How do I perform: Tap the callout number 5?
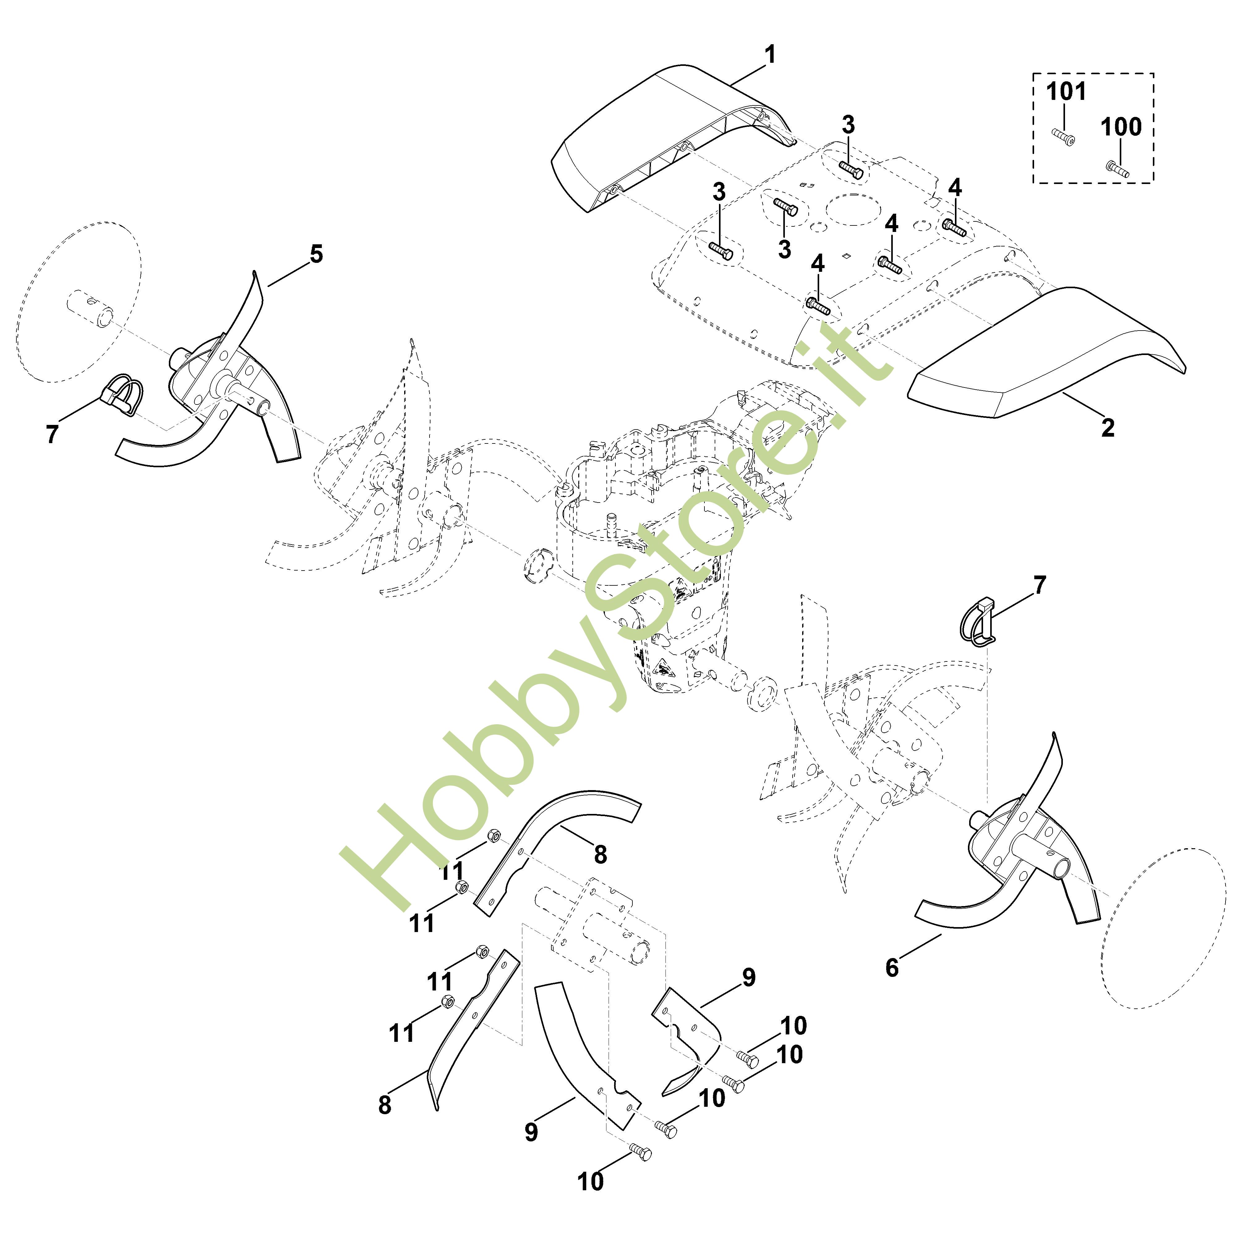tap(316, 254)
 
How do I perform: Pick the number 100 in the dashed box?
tap(1121, 127)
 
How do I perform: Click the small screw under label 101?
tap(1065, 137)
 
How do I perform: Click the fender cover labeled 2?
tap(1044, 354)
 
